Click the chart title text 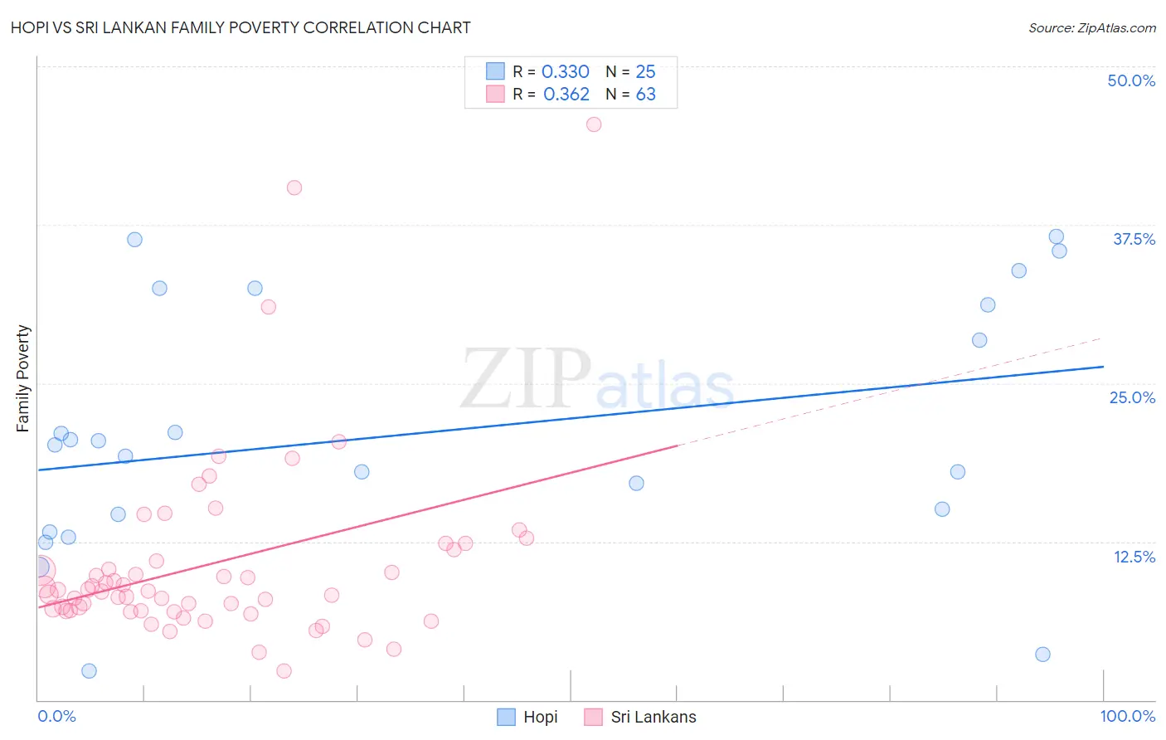[240, 27]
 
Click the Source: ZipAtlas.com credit [1091, 27]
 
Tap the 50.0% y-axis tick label [1131, 80]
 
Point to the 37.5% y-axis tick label [1134, 239]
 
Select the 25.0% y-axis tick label [1132, 397]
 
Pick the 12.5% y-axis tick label [1134, 557]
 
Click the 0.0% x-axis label [56, 716]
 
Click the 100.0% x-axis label [1127, 716]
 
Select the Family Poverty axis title [23, 378]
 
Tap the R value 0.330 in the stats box [565, 72]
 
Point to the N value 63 [645, 95]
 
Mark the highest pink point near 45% [594, 124]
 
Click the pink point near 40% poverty [294, 187]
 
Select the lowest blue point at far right [1042, 655]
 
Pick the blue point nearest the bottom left [89, 671]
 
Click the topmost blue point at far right [1056, 236]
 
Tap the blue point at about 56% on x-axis [636, 484]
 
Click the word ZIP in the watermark [525, 380]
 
